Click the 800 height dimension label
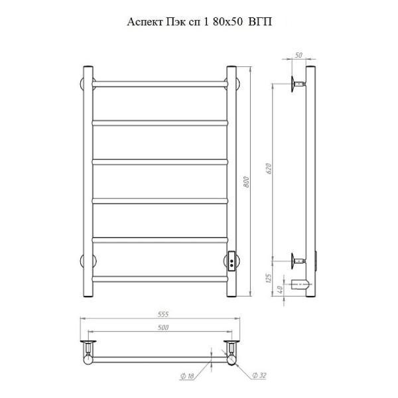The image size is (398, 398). tap(246, 182)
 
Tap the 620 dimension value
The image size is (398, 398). tap(269, 168)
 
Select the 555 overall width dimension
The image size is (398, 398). tap(163, 314)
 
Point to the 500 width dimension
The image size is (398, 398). tap(163, 328)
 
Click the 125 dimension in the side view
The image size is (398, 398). tap(268, 278)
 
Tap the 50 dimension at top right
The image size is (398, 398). tap(299, 55)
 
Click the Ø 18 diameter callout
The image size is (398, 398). tap(187, 376)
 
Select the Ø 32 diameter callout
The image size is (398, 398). tap(259, 375)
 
